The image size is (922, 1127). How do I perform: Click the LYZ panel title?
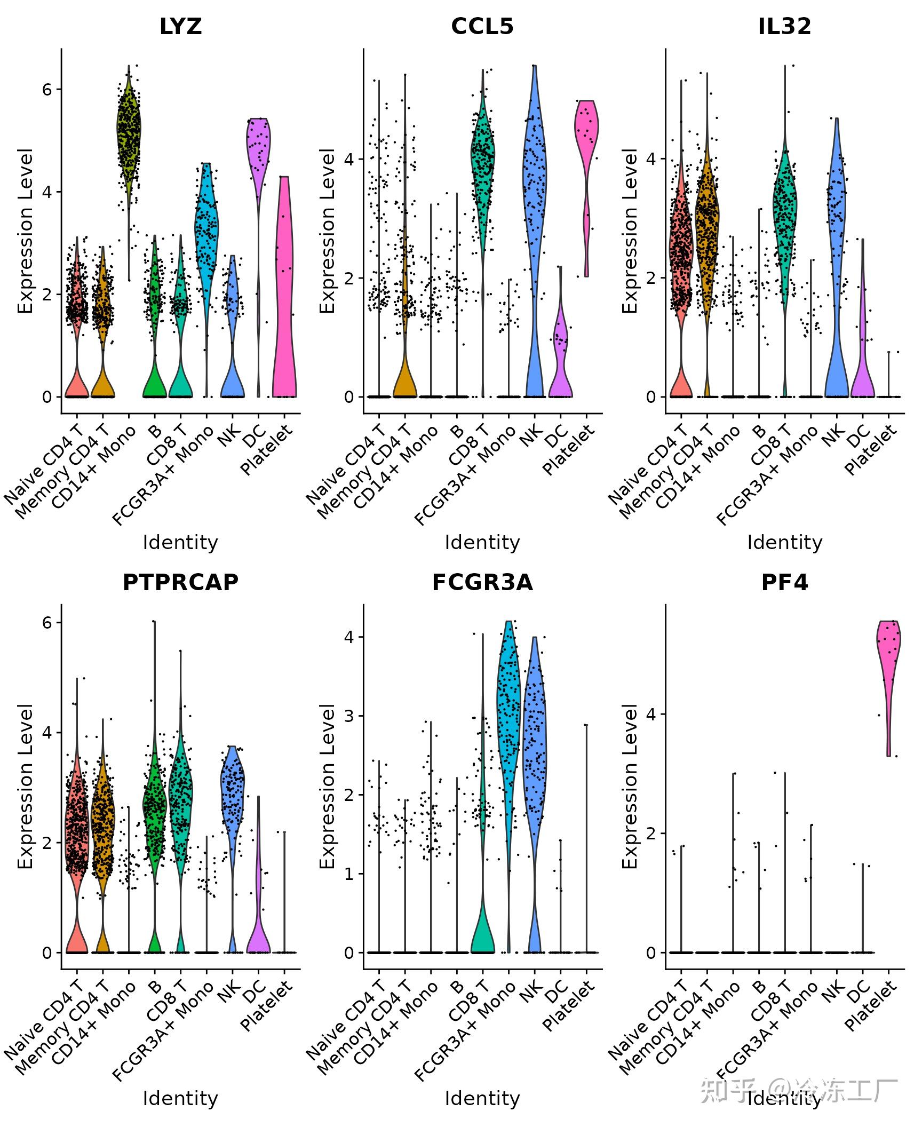click(x=180, y=26)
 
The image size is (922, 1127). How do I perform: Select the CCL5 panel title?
click(x=482, y=26)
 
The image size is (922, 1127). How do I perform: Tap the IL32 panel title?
click(x=784, y=26)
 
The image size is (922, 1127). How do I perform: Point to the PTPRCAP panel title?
click(x=180, y=582)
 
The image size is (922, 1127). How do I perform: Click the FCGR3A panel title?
click(x=482, y=582)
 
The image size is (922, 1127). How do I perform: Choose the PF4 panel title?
click(x=784, y=582)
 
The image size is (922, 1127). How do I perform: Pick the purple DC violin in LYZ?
click(x=259, y=149)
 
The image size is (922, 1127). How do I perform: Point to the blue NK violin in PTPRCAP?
click(x=233, y=790)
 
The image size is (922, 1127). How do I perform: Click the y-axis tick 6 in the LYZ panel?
click(x=47, y=89)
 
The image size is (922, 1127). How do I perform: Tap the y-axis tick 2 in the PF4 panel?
click(x=651, y=834)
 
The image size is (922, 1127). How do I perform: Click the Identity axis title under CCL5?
click(x=482, y=543)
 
